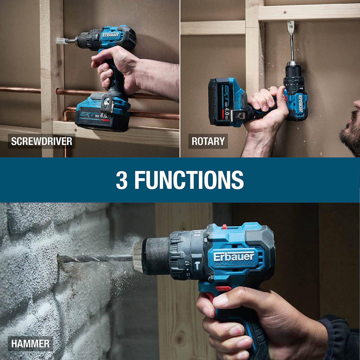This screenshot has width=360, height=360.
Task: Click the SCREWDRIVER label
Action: pyautogui.click(x=41, y=141)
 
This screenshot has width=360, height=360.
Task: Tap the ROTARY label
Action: pyautogui.click(x=208, y=141)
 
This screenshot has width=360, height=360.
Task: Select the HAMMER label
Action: pyautogui.click(x=30, y=343)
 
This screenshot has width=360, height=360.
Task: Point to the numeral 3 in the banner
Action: pyautogui.click(x=121, y=180)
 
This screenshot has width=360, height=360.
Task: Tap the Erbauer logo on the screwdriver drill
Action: pyautogui.click(x=111, y=35)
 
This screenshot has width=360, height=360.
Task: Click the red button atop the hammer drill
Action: pyautogui.click(x=224, y=226)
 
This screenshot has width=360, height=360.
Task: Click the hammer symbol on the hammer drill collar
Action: pyautogui.click(x=197, y=266)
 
